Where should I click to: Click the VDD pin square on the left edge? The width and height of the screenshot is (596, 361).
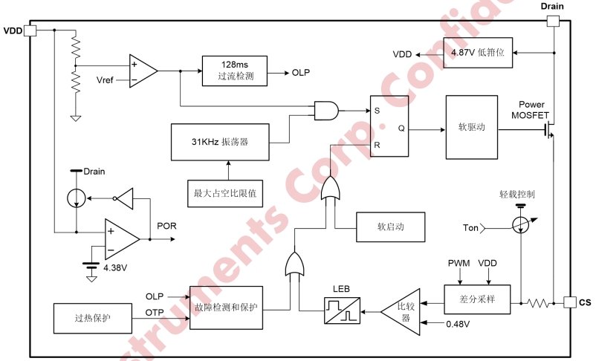click(x=30, y=30)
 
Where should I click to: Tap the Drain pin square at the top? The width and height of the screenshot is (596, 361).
click(x=552, y=21)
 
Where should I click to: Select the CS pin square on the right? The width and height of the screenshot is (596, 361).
click(x=569, y=302)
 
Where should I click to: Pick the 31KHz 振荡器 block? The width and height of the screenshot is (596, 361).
click(x=219, y=141)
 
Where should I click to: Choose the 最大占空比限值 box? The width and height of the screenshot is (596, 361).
click(x=224, y=193)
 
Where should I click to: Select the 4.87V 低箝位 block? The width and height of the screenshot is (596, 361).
click(x=478, y=53)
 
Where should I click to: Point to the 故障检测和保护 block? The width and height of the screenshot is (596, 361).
click(x=227, y=307)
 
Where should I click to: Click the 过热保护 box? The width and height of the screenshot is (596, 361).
click(x=92, y=317)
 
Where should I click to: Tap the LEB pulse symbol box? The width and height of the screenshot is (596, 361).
click(x=342, y=309)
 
